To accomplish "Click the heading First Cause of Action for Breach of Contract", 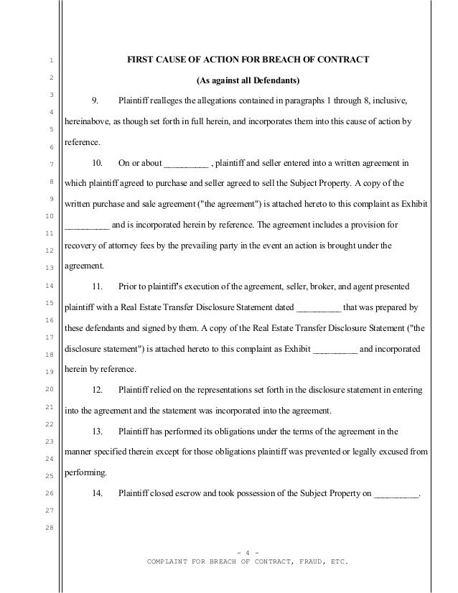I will coord(248,58).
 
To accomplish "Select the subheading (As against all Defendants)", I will coord(248,78).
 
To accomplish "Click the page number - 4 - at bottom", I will coord(247,551).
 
